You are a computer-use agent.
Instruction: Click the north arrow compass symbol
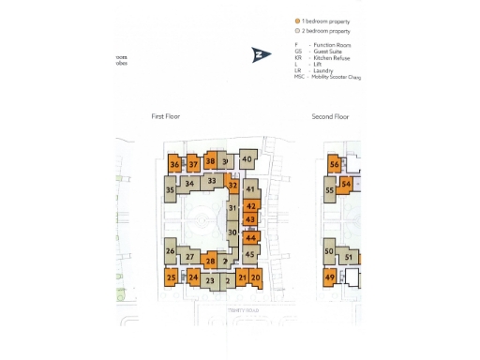coord(260,55)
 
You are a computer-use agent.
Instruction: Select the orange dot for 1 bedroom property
coord(297,19)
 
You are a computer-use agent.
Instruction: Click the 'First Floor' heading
coord(165,116)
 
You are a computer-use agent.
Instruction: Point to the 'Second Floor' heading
coord(330,116)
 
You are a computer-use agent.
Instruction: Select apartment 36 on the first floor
coord(174,165)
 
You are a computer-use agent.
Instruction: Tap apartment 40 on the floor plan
coord(247,159)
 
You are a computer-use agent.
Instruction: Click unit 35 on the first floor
coord(170,190)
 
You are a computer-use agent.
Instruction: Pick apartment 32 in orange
coord(232,185)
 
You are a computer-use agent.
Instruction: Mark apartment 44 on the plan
coord(250,238)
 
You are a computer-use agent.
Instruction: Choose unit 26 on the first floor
coord(170,250)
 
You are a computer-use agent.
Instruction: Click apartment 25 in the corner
coord(171,277)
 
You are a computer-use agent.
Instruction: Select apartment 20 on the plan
coord(256,277)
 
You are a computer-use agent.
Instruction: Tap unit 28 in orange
coord(211,261)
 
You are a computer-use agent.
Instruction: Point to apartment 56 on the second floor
coord(335,165)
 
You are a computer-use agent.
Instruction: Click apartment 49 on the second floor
coord(330,277)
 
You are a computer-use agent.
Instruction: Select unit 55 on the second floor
coord(329,190)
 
